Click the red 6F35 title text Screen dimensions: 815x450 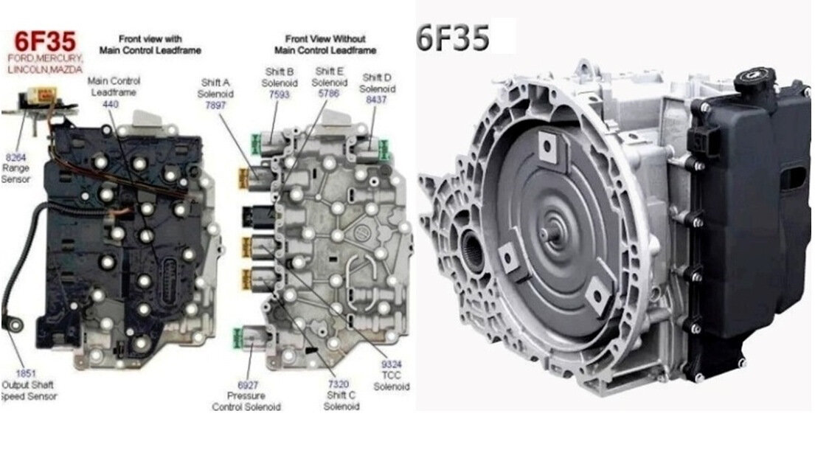pos(45,41)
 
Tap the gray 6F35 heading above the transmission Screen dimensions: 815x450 pos(453,38)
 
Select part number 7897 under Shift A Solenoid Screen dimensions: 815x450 pos(215,105)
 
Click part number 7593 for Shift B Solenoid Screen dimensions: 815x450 pos(279,94)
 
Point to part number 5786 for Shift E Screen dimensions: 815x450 pos(328,94)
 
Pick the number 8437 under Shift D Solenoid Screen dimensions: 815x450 pos(376,100)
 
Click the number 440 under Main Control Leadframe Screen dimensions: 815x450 pos(111,104)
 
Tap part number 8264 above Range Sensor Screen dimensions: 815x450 pos(15,157)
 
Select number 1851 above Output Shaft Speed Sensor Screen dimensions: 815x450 pos(26,373)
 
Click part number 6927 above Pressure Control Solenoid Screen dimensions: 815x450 pos(247,385)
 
